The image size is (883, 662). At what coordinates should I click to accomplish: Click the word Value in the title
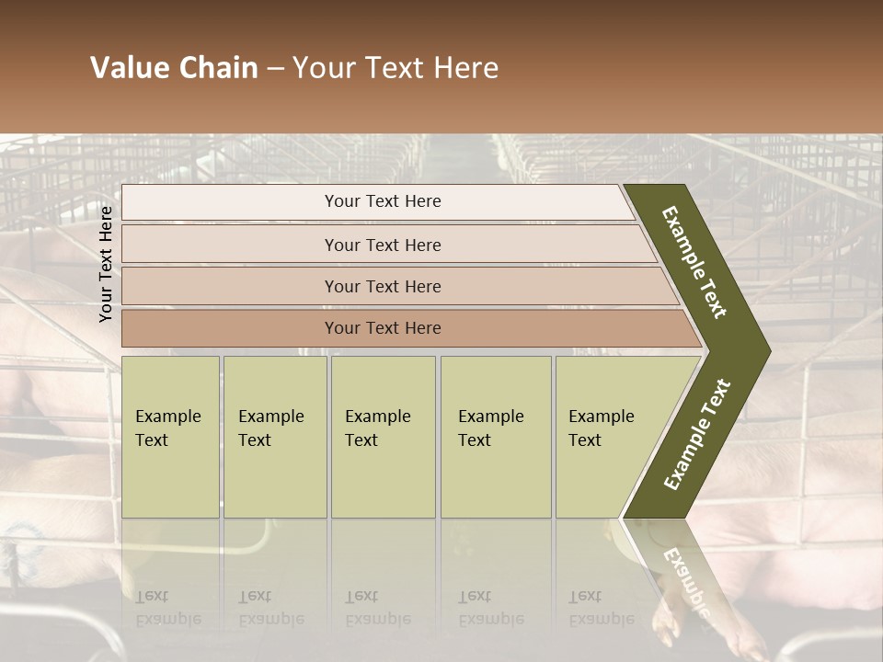pos(127,68)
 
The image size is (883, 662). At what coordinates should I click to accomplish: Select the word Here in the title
pos(465,68)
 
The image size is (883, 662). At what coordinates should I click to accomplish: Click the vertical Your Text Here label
pos(106,264)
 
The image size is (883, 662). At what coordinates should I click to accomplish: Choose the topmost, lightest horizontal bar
pos(377,201)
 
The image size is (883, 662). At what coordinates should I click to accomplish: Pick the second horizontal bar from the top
pos(386,245)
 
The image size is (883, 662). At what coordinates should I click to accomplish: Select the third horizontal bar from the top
pos(396,286)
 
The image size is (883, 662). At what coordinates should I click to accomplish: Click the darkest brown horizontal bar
pos(405,328)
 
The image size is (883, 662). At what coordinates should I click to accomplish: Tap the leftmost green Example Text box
pos(170,437)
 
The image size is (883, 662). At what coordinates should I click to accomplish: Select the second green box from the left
pos(275,437)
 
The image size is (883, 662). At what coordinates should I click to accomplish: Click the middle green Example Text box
pos(383,437)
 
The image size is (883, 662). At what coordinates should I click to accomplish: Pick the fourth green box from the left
pos(496,437)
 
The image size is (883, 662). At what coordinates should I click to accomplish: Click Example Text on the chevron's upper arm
pos(694,262)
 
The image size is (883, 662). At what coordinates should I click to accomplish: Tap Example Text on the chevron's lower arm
pos(696,434)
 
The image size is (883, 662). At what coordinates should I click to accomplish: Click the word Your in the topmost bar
pos(342,201)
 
